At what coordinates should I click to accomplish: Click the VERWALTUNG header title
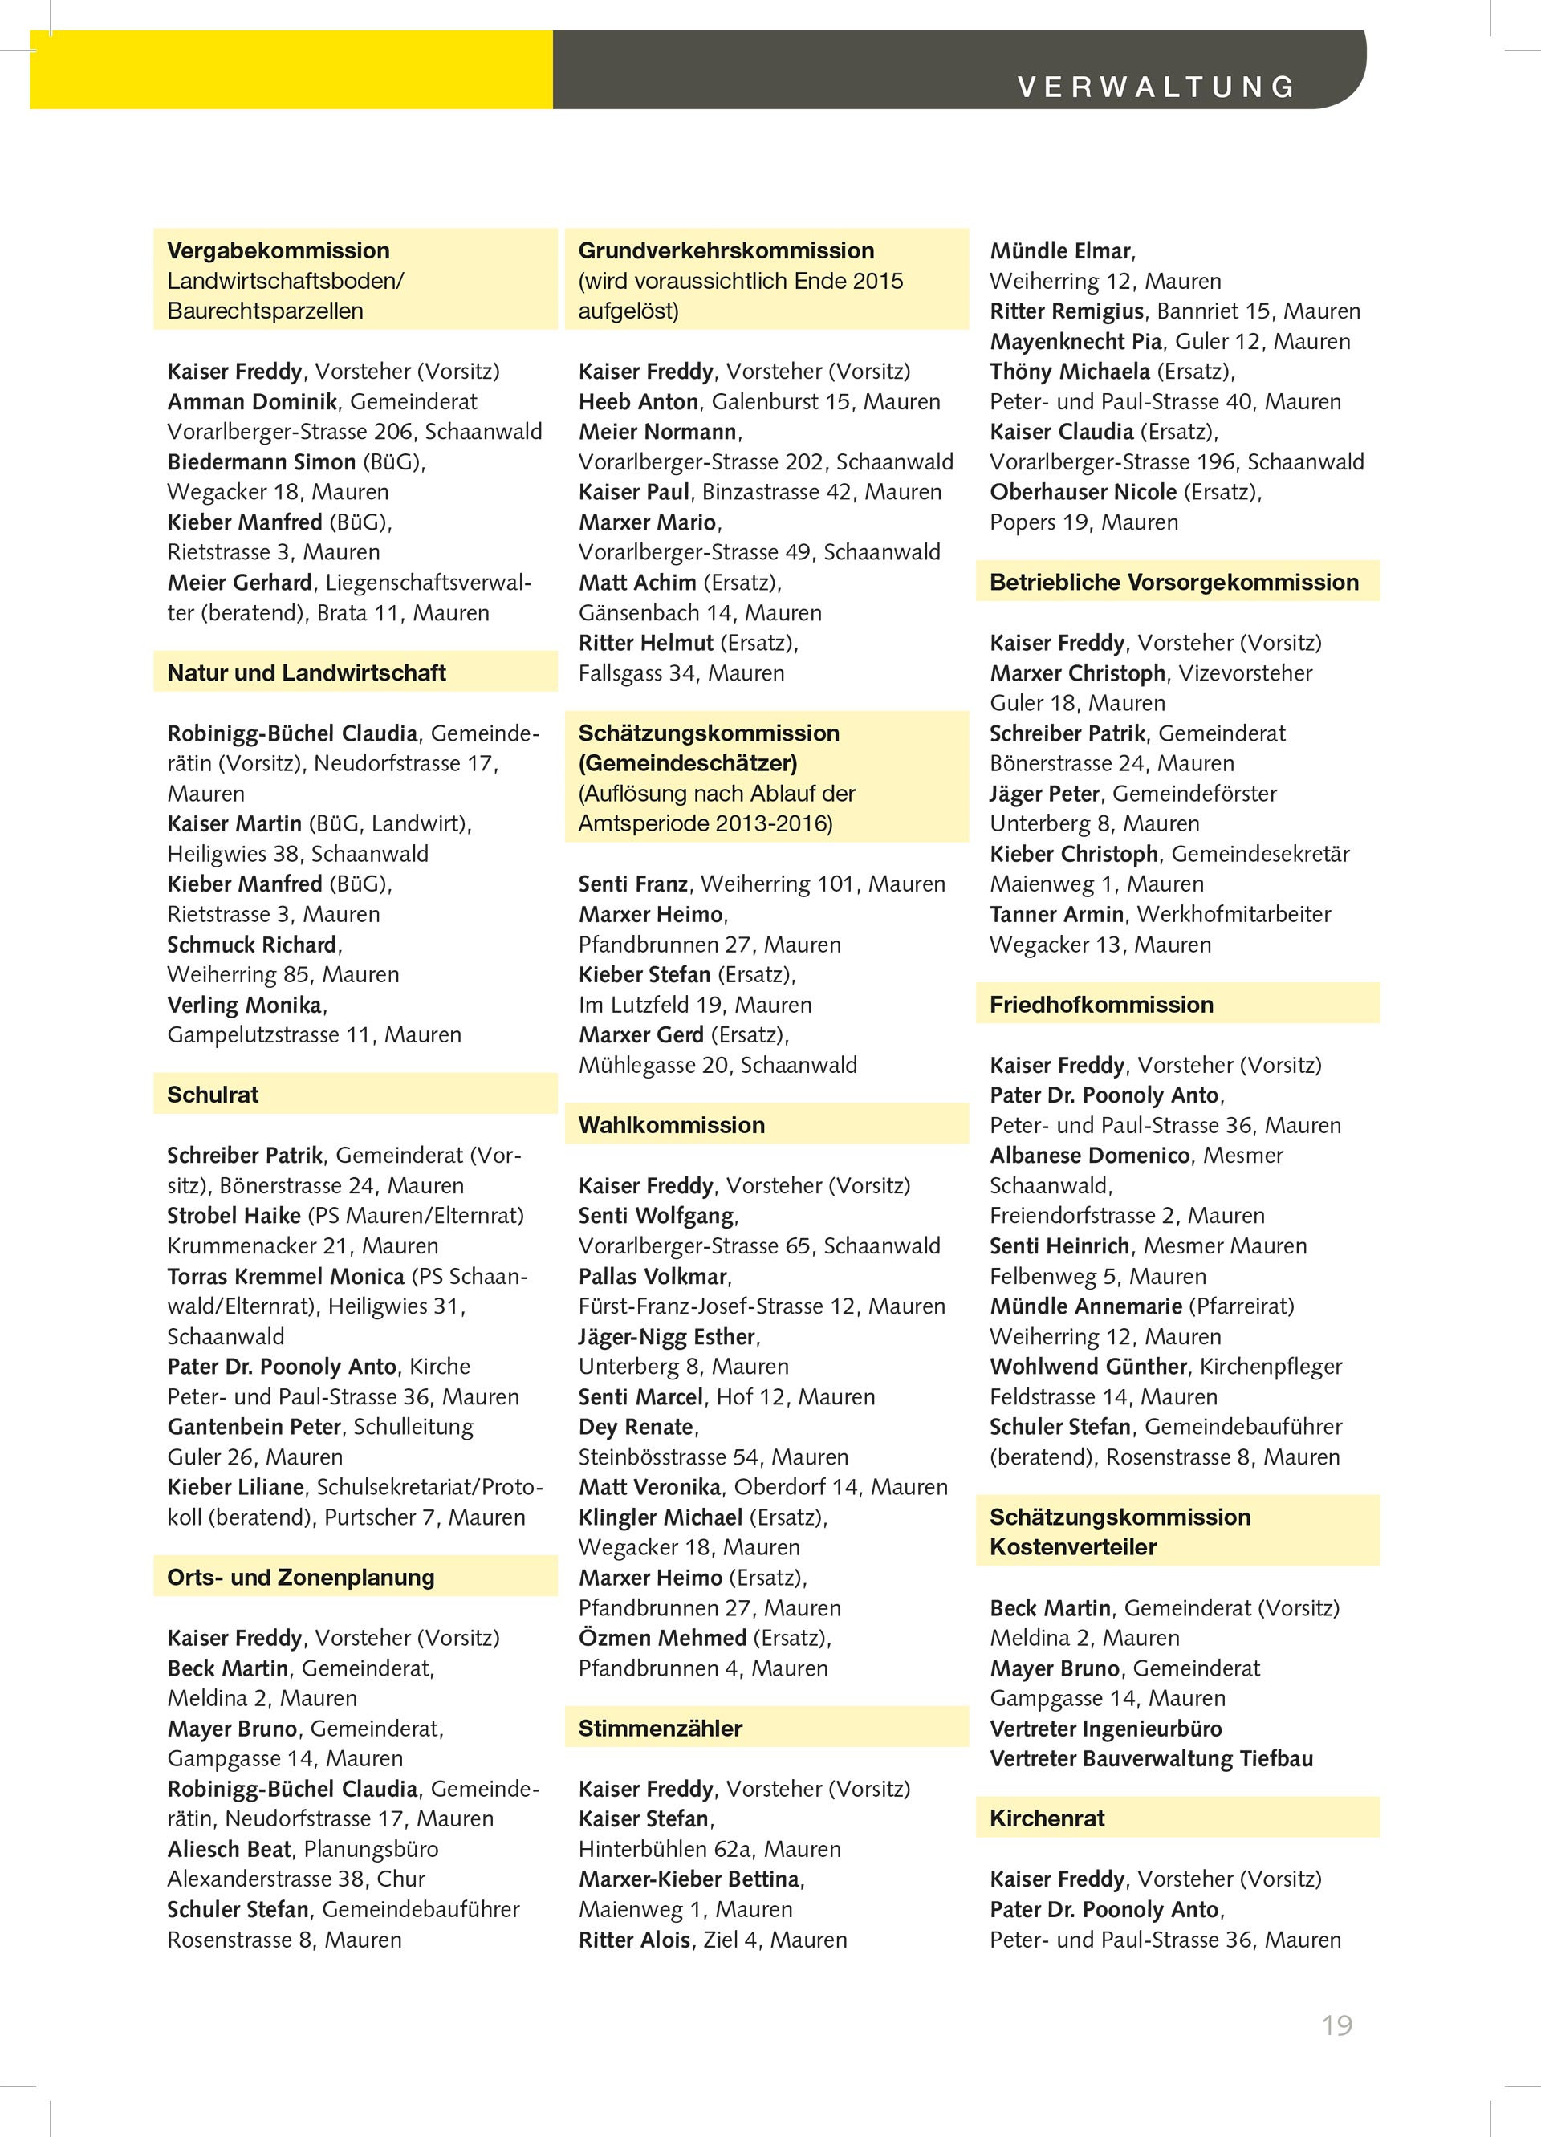pyautogui.click(x=1156, y=87)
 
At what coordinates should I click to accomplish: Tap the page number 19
pyautogui.click(x=1336, y=2025)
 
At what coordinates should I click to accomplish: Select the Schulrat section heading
pyautogui.click(x=213, y=1094)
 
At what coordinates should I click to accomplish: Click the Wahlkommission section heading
pyautogui.click(x=671, y=1124)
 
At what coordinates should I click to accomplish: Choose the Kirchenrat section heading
pyautogui.click(x=1046, y=1818)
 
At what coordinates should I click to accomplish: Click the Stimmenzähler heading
pyautogui.click(x=660, y=1727)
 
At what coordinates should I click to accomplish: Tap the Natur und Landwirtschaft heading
pyautogui.click(x=307, y=672)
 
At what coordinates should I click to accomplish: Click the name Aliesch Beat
pyautogui.click(x=229, y=1848)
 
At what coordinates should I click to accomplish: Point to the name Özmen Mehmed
pyautogui.click(x=661, y=1637)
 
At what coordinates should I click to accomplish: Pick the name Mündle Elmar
pyautogui.click(x=1059, y=250)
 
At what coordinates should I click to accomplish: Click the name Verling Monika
pyautogui.click(x=245, y=1005)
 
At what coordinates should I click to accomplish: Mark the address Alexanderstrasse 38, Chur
pyautogui.click(x=296, y=1878)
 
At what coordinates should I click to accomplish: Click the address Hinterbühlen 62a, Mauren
pyautogui.click(x=709, y=1849)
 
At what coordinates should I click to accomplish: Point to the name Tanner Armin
pyautogui.click(x=1056, y=914)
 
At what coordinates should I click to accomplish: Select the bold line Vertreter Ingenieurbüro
pyautogui.click(x=1105, y=1728)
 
